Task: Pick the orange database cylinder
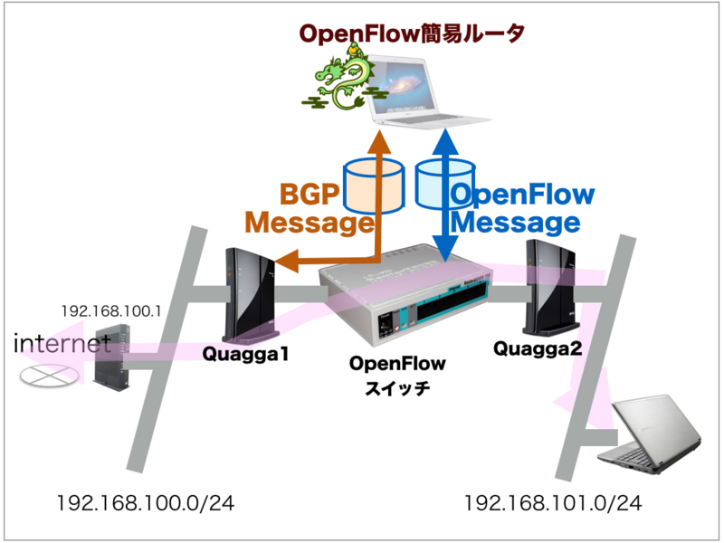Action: coord(374,186)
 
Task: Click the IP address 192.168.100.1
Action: coord(110,311)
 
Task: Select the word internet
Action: coord(62,343)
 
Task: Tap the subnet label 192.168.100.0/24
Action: coord(145,504)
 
